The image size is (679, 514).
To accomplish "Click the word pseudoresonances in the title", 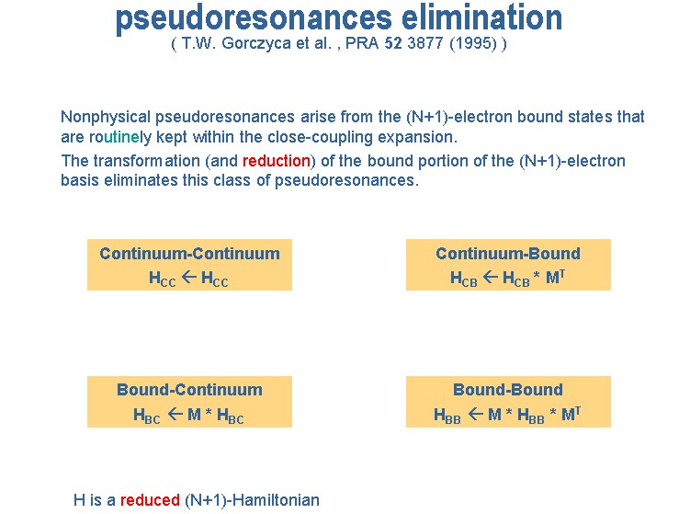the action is tap(254, 19).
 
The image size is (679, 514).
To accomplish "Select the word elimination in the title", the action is tap(481, 17).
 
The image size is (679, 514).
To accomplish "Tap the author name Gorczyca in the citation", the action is tap(256, 44).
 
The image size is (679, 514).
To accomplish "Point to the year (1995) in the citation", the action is tap(473, 44).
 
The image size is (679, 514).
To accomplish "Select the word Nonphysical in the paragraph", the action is tap(106, 118).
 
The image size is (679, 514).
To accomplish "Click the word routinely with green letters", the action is tap(120, 137).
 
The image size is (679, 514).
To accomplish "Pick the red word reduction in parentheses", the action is tap(277, 161).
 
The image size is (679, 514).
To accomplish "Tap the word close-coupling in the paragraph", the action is tap(320, 137).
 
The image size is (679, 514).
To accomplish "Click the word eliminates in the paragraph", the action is tap(141, 180).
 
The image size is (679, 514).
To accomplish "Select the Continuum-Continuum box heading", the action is tap(189, 254).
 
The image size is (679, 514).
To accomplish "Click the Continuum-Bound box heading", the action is tap(508, 254).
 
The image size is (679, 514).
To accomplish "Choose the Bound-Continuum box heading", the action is tap(189, 390).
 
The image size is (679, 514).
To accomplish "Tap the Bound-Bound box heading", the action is tap(508, 390).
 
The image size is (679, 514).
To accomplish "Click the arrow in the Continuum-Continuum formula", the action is tap(188, 277).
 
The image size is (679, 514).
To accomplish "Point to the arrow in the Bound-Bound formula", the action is tap(475, 414).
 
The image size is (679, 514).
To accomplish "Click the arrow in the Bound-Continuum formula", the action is tap(175, 414).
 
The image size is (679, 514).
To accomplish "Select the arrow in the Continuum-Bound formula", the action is tap(491, 277).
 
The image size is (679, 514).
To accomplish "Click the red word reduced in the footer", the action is tap(150, 500).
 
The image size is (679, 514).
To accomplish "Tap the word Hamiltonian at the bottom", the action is tap(276, 500).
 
